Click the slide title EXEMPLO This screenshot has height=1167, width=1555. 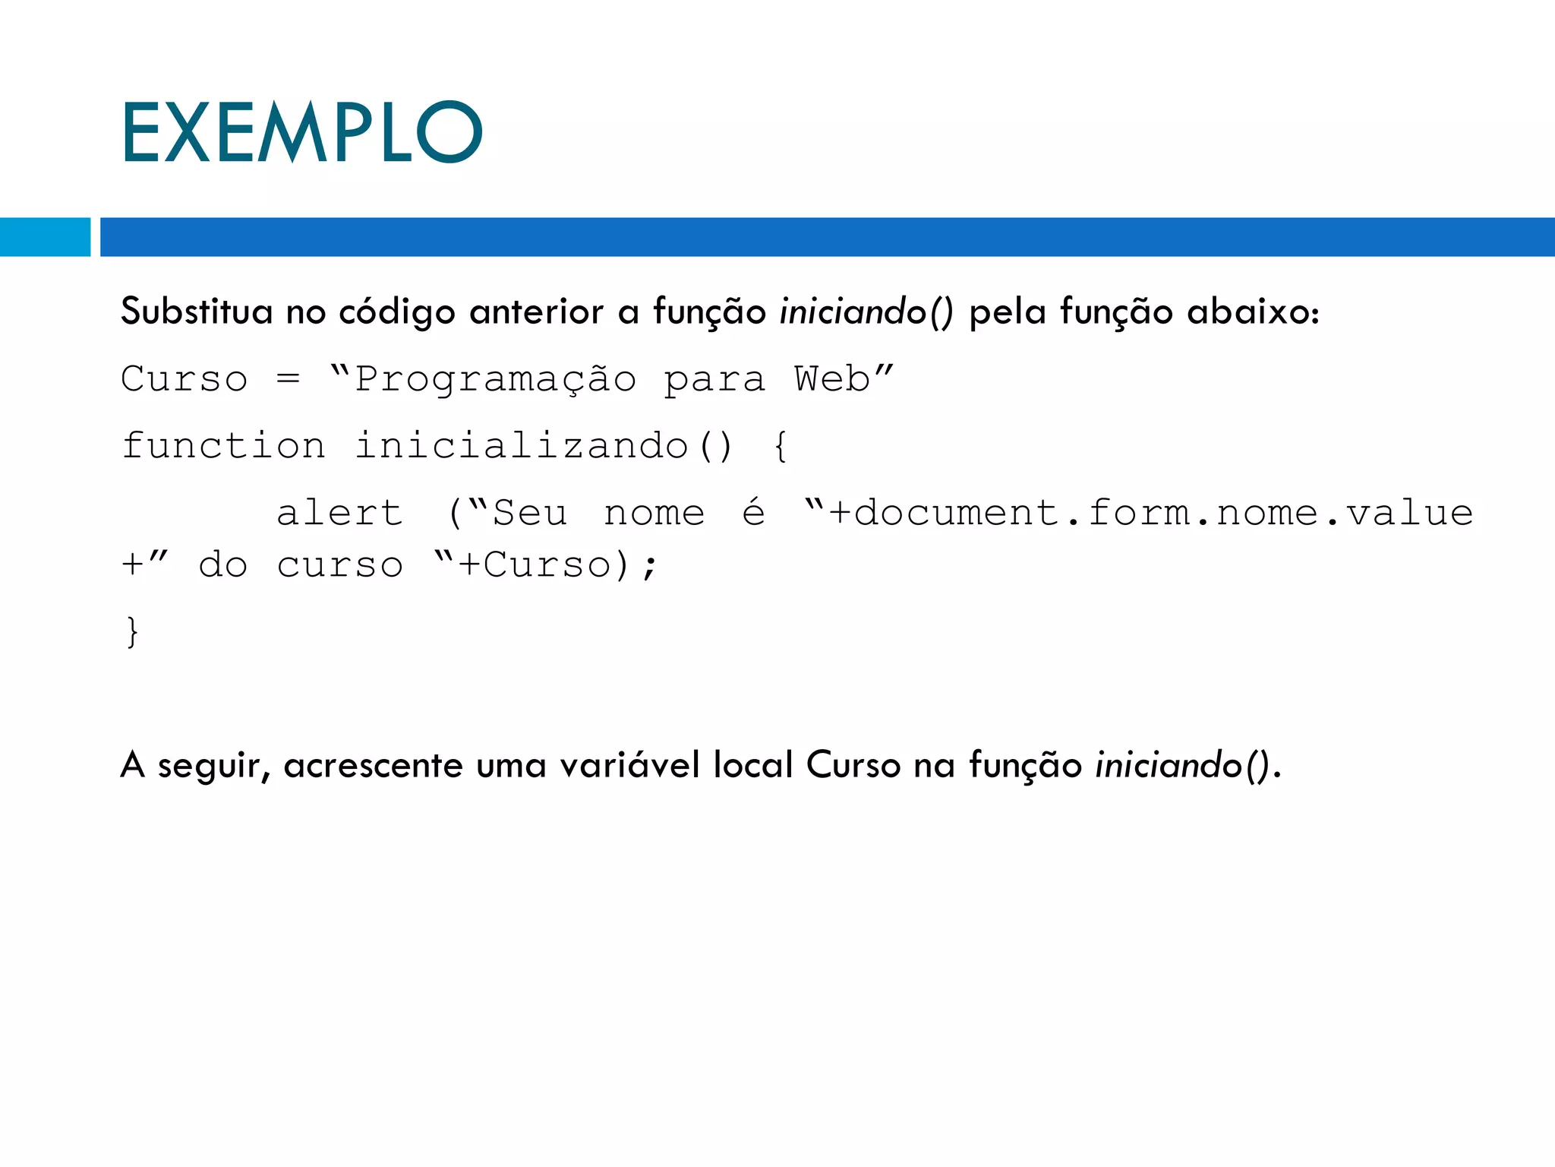click(x=301, y=133)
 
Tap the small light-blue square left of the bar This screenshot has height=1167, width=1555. click(x=45, y=237)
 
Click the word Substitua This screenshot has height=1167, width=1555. click(x=197, y=312)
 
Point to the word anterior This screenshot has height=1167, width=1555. click(x=536, y=312)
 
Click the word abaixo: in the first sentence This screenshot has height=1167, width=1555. click(x=1254, y=312)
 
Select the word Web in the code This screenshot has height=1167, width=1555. click(x=832, y=378)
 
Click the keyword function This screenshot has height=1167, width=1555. click(x=224, y=445)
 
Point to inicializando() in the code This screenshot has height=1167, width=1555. click(x=544, y=445)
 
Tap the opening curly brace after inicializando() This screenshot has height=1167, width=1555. click(x=781, y=446)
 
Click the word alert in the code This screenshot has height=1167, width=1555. click(x=339, y=513)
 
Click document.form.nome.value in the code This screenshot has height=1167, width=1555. click(x=1163, y=513)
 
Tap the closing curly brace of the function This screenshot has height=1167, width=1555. click(x=133, y=631)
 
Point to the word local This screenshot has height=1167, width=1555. click(x=753, y=764)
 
